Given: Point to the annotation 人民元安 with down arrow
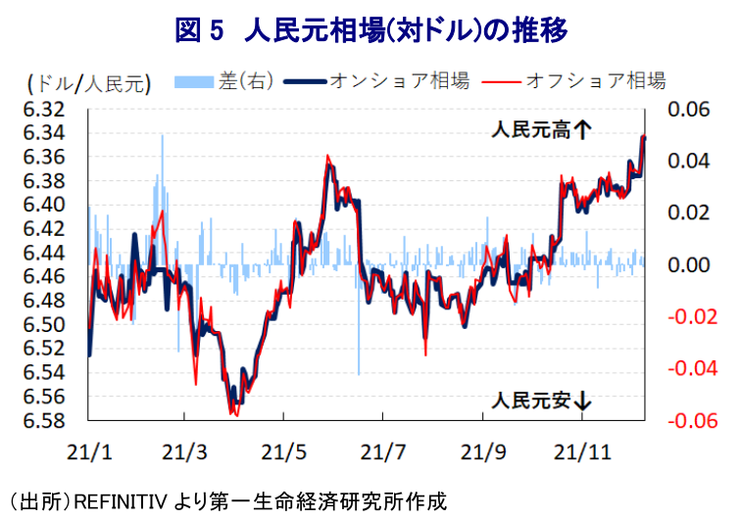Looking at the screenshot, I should tap(542, 400).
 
